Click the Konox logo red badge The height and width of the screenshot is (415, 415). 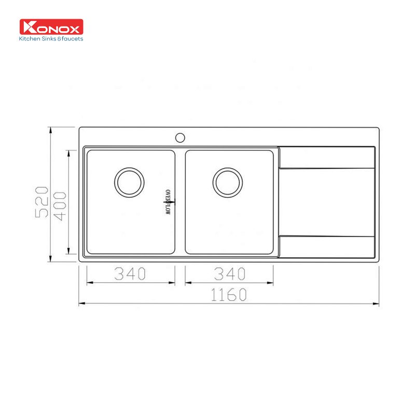coord(51,27)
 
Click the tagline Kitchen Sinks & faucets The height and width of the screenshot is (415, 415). coord(51,38)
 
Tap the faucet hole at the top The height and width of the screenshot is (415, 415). coord(180,137)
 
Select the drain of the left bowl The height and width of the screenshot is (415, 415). coord(129,182)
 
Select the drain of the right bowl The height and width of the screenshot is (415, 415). coord(227,182)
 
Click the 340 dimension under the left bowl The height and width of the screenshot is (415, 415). coord(130,273)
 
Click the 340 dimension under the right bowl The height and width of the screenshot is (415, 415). coord(229,273)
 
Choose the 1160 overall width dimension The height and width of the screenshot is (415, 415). coord(229,295)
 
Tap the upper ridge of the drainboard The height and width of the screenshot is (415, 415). coord(327,168)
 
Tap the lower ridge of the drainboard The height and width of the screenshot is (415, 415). coord(327,237)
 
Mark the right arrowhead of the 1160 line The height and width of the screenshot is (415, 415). coord(377,303)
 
